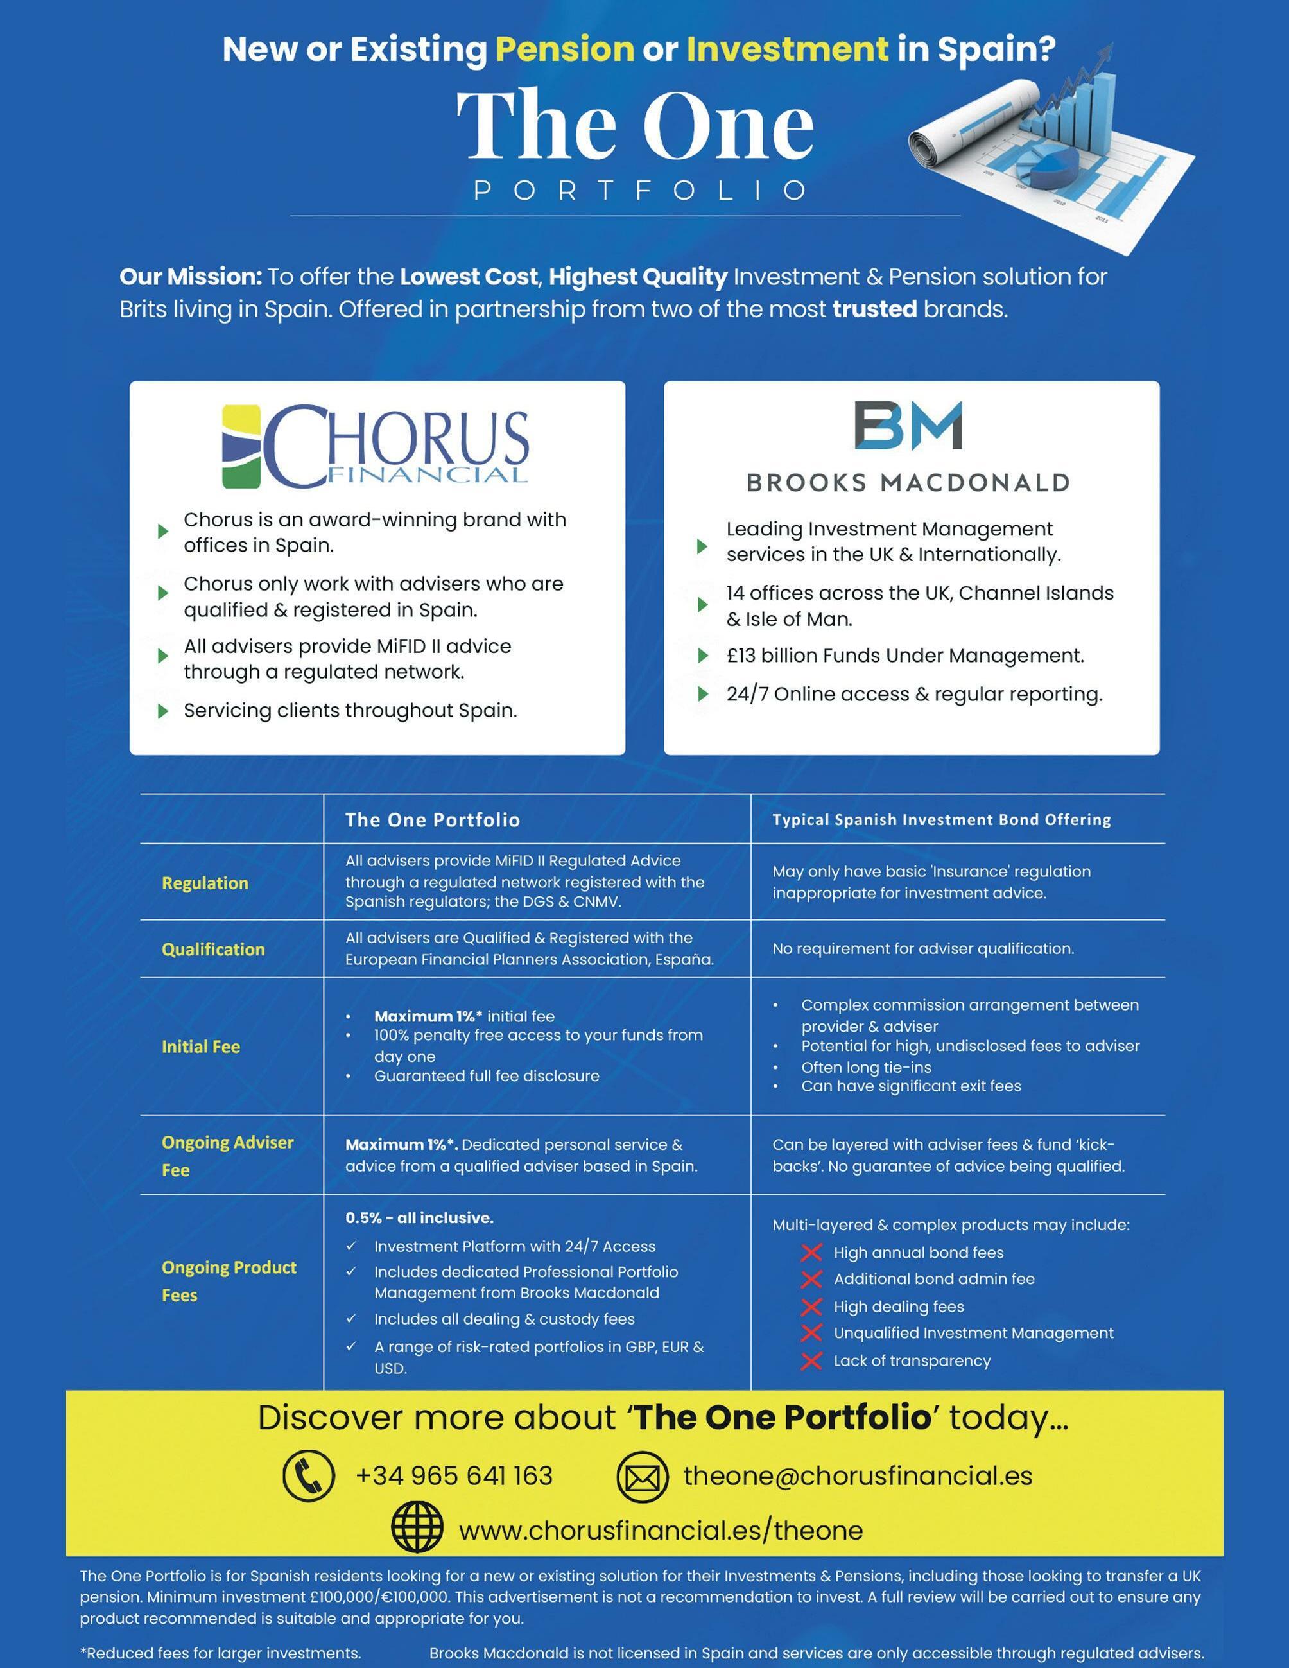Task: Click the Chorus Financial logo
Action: (x=375, y=446)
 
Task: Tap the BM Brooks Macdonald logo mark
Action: (x=908, y=426)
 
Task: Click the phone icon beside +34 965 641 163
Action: (x=309, y=1476)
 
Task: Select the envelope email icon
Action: (x=642, y=1477)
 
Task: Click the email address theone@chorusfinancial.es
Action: (x=857, y=1475)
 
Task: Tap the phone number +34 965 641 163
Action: (x=454, y=1475)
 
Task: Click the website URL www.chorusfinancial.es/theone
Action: (x=661, y=1530)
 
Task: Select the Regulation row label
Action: (x=205, y=883)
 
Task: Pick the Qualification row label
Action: (x=213, y=950)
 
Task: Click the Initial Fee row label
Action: (x=201, y=1047)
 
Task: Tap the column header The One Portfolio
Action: (x=432, y=819)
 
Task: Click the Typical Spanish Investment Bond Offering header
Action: (x=941, y=819)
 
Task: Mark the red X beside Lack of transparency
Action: (x=811, y=1360)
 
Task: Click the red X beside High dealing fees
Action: (x=811, y=1307)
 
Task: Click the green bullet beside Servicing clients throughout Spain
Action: (x=162, y=711)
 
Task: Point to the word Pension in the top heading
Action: (x=564, y=49)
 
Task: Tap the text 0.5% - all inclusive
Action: (x=419, y=1217)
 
